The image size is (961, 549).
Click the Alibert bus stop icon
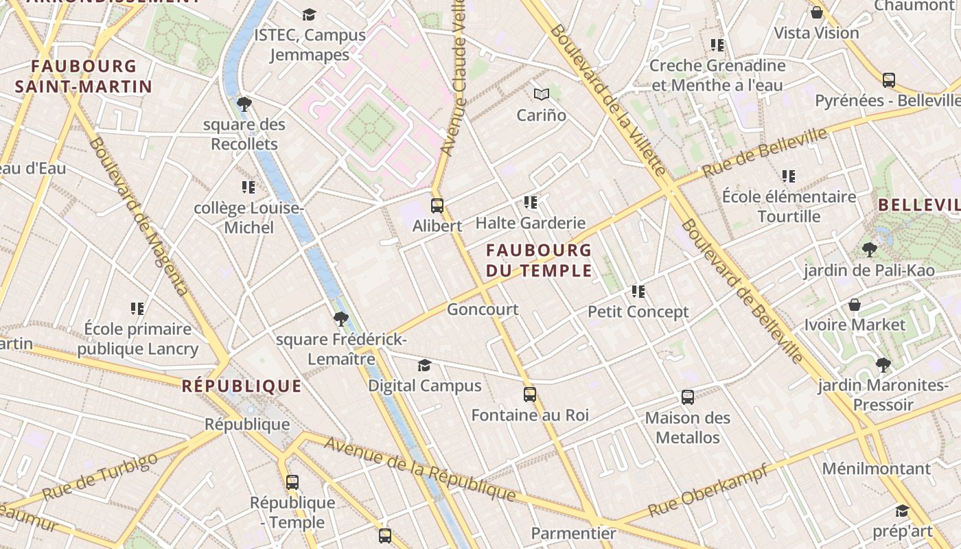[437, 205]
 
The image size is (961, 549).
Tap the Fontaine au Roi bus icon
[529, 395]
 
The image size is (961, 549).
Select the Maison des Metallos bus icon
[687, 397]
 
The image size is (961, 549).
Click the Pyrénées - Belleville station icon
[888, 80]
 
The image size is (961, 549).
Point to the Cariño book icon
[542, 95]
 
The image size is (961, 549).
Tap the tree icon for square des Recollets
[244, 104]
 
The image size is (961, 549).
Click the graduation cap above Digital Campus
[424, 365]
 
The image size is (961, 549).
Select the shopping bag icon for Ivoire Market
[855, 304]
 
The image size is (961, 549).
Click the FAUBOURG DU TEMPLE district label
[539, 260]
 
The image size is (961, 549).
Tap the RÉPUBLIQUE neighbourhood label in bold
[242, 386]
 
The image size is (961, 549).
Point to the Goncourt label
[483, 309]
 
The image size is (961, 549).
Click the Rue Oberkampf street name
[707, 491]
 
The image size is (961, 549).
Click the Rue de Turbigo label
[100, 477]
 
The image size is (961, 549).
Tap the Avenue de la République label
[419, 468]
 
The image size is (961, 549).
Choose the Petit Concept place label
[638, 312]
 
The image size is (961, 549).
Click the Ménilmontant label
[876, 469]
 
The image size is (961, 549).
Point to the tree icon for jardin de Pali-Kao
[869, 250]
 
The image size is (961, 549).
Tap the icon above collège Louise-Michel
[248, 187]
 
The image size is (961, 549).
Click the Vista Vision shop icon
[816, 12]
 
